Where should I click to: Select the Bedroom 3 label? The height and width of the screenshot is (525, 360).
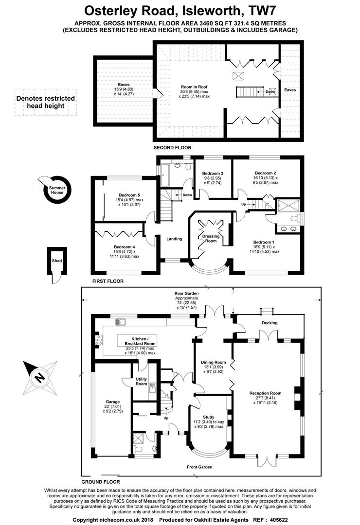tap(213, 174)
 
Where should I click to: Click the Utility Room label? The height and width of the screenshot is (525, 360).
tap(141, 381)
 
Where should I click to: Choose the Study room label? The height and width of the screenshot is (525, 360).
tap(209, 417)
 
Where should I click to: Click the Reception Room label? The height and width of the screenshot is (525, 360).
tap(265, 393)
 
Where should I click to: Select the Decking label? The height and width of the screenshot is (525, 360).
tap(270, 322)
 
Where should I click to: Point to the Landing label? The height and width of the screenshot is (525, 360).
tap(174, 239)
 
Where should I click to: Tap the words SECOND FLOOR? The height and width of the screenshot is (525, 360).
tap(172, 147)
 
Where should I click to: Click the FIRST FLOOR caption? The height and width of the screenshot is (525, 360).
tap(108, 281)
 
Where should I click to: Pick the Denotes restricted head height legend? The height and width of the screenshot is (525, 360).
tap(46, 102)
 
